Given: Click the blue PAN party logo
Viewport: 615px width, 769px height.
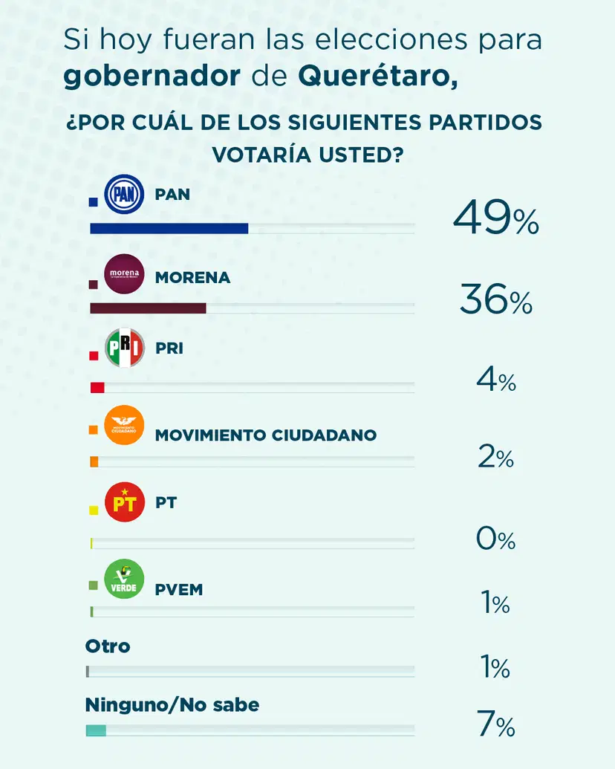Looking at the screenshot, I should click(124, 195).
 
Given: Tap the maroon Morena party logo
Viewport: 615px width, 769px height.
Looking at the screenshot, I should click(124, 274).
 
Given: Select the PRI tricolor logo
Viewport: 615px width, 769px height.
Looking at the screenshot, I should click(124, 348).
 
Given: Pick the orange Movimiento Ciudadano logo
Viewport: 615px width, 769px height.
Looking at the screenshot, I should click(124, 426).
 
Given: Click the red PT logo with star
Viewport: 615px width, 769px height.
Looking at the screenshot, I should click(124, 502).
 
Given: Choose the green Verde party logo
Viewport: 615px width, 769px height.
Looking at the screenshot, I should click(124, 579).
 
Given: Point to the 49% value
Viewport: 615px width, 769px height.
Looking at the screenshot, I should click(495, 218).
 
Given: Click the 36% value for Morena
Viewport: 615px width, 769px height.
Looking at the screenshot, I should click(495, 301).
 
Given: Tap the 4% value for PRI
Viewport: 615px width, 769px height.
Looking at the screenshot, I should click(495, 380).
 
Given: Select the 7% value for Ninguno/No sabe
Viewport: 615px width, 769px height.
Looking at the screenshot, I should click(495, 724).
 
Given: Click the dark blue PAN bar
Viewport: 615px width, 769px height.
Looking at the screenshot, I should click(169, 228).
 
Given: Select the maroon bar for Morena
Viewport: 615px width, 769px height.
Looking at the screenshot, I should click(147, 308).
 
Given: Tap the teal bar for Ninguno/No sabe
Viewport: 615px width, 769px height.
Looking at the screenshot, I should click(96, 731).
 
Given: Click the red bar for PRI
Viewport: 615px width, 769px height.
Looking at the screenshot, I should click(97, 387).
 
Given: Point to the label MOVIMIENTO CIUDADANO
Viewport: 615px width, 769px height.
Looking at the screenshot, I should click(265, 435).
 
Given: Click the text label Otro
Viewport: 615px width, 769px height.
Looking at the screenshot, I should click(108, 646).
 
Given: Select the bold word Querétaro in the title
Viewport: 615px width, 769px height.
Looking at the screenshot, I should click(377, 76).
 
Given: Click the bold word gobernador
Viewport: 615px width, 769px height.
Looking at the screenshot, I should click(152, 76).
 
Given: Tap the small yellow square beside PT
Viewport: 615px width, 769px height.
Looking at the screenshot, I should click(94, 510).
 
